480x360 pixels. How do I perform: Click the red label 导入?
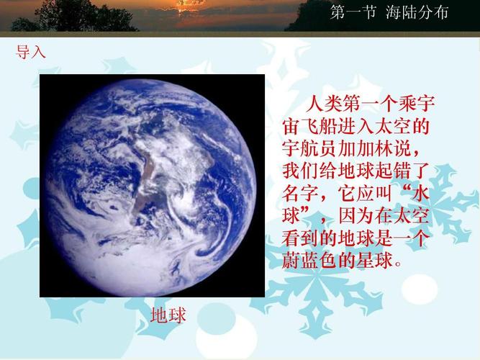pyautogui.click(x=31, y=52)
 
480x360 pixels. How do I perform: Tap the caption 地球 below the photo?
pyautogui.click(x=168, y=315)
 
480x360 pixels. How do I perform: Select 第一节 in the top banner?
pyautogui.click(x=353, y=12)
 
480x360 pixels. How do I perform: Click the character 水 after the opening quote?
pyautogui.click(x=422, y=194)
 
